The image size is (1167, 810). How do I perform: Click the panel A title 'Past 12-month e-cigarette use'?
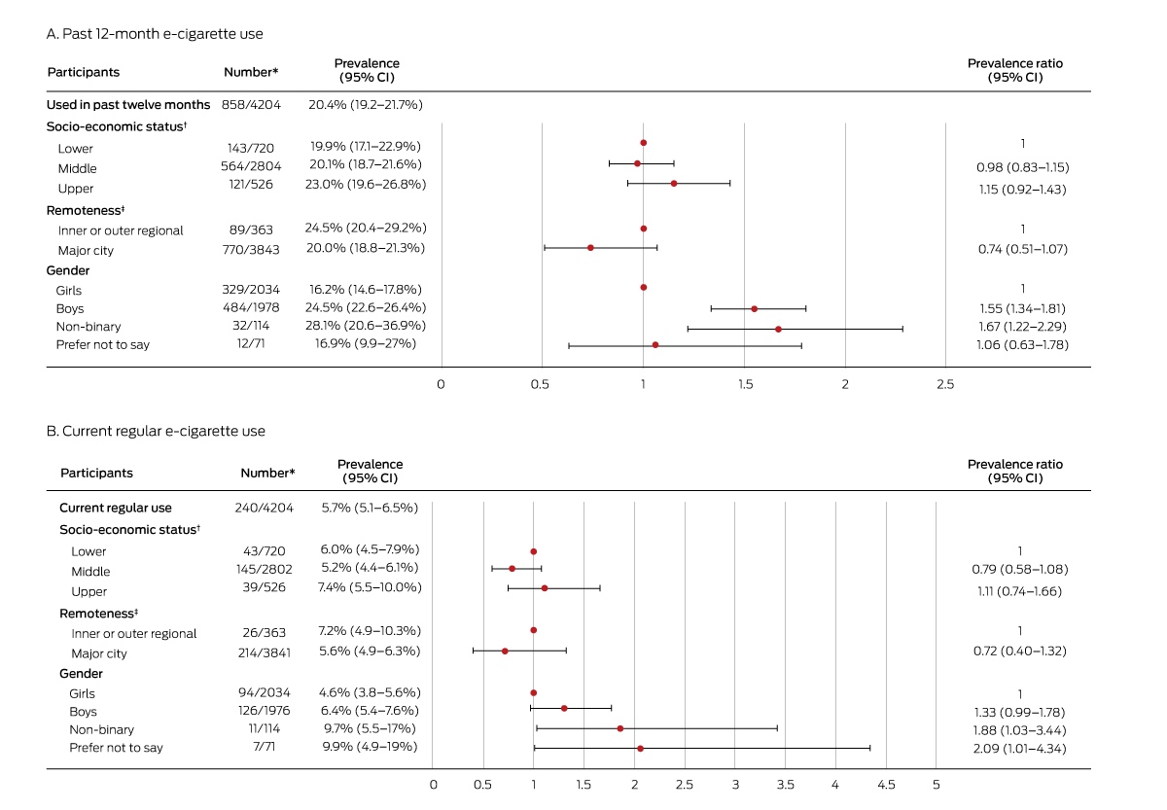[162, 34]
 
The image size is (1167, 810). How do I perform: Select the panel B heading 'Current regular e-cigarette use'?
[163, 432]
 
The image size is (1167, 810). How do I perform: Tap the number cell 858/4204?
[251, 105]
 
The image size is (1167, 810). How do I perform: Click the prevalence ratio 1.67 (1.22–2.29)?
[1023, 327]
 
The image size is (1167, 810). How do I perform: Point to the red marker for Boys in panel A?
[755, 309]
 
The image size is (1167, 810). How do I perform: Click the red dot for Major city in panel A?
[590, 247]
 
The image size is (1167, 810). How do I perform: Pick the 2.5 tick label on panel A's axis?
[945, 384]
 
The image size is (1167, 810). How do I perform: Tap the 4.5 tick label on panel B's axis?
[886, 785]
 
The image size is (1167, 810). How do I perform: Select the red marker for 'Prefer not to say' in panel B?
[640, 749]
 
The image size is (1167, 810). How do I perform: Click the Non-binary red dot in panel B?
[620, 728]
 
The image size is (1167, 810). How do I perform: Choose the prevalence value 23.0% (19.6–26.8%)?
[366, 185]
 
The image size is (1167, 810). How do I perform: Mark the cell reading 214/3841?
[265, 652]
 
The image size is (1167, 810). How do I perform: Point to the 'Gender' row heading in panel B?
[81, 674]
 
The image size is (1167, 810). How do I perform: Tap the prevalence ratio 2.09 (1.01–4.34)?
[1020, 749]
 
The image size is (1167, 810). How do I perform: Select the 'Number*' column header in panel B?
[267, 473]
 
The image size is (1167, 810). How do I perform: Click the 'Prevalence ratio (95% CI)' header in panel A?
[1015, 70]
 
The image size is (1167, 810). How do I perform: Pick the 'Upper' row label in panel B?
[89, 592]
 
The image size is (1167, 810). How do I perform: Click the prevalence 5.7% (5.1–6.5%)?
[370, 508]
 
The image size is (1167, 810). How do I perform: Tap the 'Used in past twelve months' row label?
[128, 105]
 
